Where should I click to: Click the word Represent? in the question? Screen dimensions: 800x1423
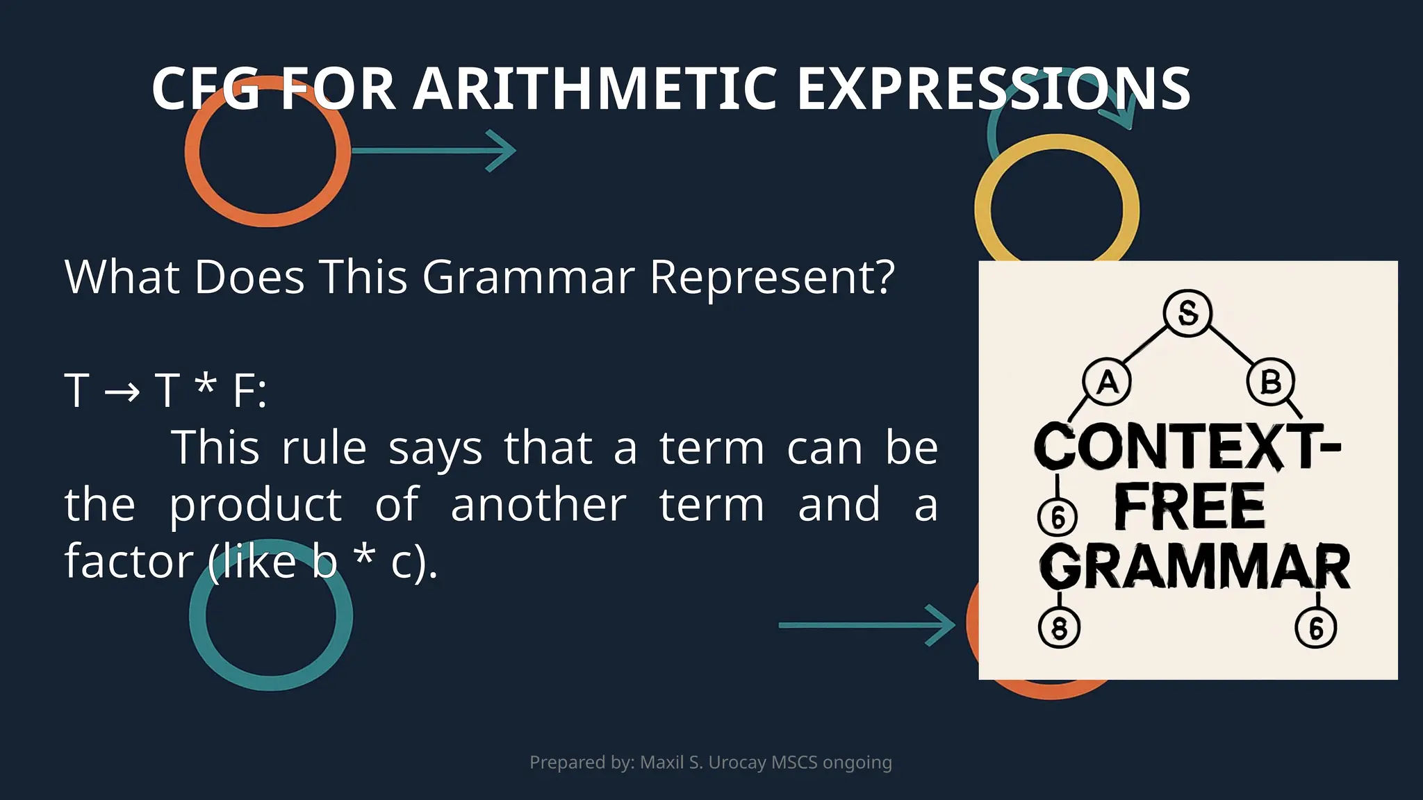click(772, 277)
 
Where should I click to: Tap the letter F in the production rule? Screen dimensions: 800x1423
click(245, 390)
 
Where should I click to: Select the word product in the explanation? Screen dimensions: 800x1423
click(256, 505)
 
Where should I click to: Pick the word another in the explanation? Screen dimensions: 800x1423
click(538, 505)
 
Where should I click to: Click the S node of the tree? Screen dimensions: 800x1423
click(1187, 313)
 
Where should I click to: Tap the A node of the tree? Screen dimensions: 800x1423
click(1107, 382)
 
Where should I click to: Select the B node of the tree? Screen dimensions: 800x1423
click(1270, 382)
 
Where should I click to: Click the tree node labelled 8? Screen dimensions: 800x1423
click(1059, 628)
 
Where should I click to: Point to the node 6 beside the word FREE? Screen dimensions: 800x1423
click(1058, 517)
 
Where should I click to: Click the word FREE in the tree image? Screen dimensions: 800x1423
click(1190, 508)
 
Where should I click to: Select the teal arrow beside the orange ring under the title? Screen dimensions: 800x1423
click(434, 150)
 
